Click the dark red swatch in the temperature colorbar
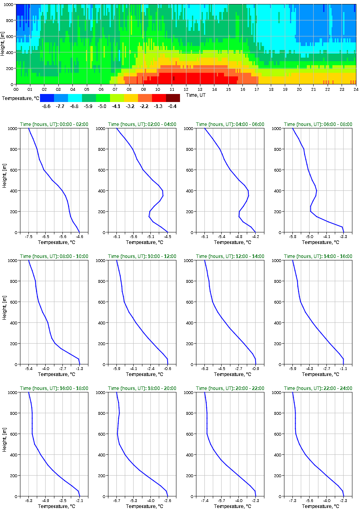point(173,98)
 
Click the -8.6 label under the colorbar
point(46,106)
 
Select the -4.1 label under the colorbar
point(116,106)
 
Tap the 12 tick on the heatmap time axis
point(186,89)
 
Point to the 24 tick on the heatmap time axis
point(356,89)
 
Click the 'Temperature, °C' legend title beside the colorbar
point(20,98)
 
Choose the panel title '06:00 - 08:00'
point(318,124)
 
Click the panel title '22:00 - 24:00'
point(318,388)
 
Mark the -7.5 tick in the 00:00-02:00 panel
point(28,237)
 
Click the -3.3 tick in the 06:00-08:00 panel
point(343,237)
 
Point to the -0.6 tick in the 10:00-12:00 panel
point(168,369)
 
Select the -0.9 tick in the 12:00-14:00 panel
point(256,369)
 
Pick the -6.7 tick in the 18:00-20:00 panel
point(117,501)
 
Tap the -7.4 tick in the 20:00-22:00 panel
point(205,501)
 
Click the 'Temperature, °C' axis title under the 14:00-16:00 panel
point(318,374)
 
